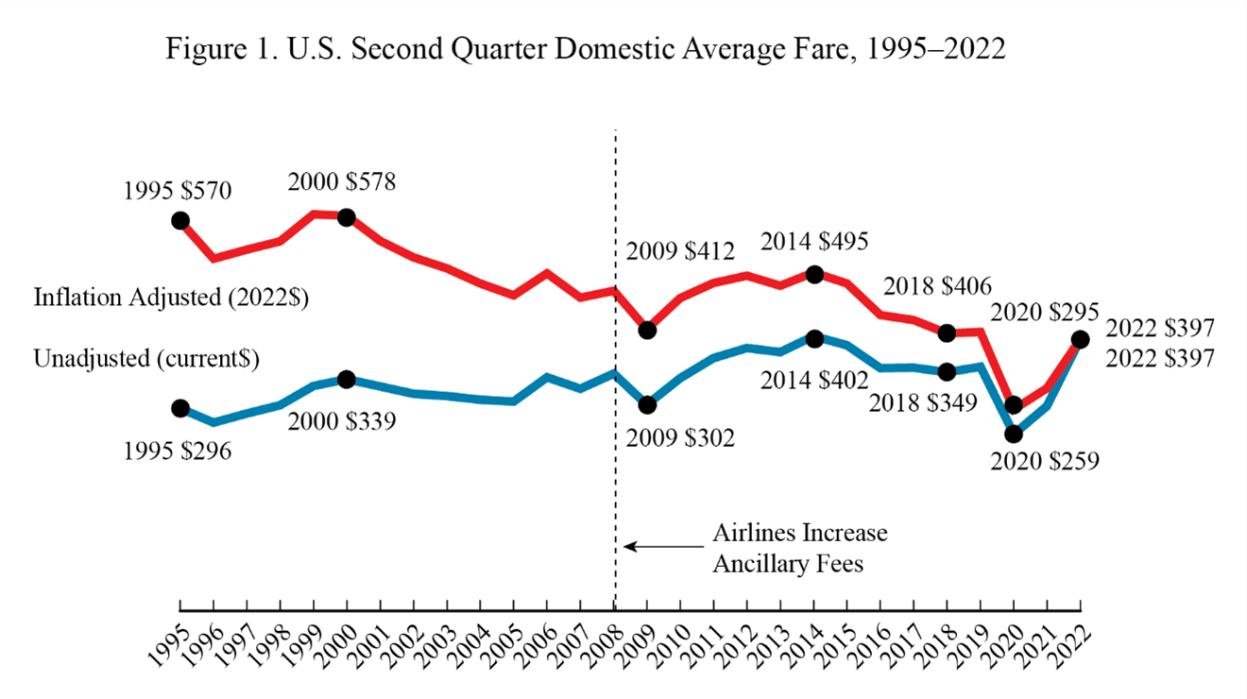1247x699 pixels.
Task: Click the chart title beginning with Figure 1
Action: (586, 50)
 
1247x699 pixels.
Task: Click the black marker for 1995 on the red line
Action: (179, 220)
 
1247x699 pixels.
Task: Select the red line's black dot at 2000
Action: (347, 217)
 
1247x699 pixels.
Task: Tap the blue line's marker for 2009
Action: (647, 404)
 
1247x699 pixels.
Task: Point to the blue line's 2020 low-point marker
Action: (1015, 435)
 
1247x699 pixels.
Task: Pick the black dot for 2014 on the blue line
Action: (814, 338)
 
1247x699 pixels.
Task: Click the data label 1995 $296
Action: (178, 450)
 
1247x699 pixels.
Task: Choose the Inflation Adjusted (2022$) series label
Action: (172, 297)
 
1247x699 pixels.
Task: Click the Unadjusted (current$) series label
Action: (146, 359)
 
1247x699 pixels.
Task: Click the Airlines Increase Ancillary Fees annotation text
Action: (799, 548)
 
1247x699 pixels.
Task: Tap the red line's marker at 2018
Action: (948, 332)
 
